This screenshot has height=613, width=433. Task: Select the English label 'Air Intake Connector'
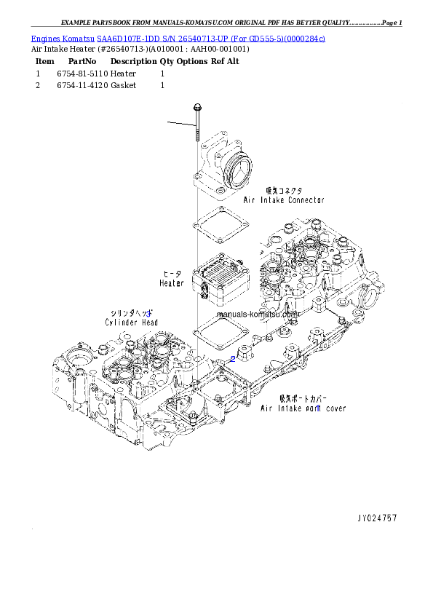(x=283, y=199)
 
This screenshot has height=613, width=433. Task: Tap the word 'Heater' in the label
(x=172, y=283)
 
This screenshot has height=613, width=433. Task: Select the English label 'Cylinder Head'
(x=132, y=322)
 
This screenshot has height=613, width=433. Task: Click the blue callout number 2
(x=232, y=359)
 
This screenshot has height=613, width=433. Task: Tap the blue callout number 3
(x=148, y=312)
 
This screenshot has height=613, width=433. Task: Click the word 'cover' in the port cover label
(x=336, y=408)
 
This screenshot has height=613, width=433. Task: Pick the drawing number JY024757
(x=377, y=518)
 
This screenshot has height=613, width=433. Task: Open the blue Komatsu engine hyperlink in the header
(x=178, y=38)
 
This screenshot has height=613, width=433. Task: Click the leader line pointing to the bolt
(x=182, y=124)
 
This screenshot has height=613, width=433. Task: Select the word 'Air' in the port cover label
(x=267, y=408)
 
